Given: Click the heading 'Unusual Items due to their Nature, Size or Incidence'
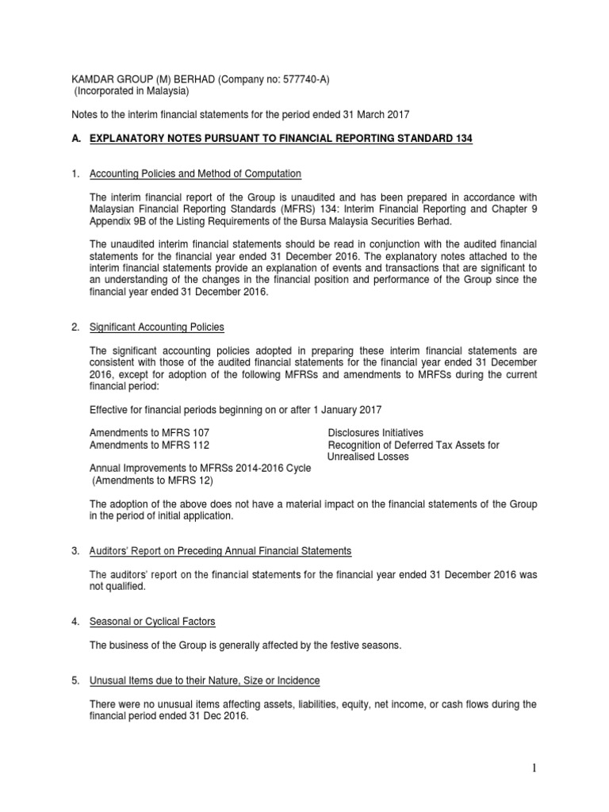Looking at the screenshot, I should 205,680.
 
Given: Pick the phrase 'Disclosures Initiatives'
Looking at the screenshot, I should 375,432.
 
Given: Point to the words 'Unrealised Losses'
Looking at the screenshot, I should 368,457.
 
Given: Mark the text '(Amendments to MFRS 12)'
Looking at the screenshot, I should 152,481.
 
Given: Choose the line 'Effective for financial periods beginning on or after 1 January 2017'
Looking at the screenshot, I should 236,409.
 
